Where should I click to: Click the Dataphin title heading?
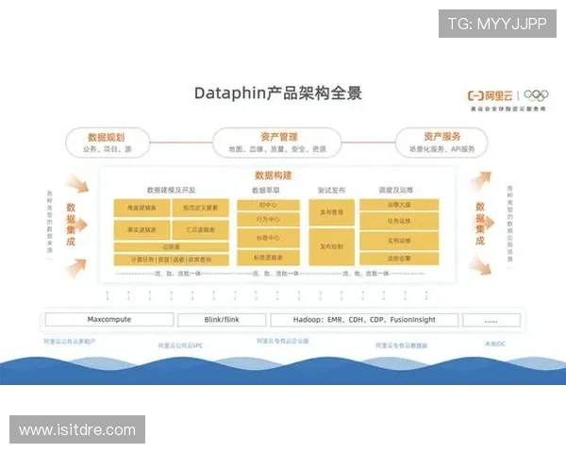pos(277,92)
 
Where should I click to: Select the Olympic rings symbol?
pos(535,94)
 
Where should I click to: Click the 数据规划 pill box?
pos(107,143)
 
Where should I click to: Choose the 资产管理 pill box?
pos(279,143)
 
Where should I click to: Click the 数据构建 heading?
pos(274,176)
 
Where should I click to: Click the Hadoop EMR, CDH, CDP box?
pos(364,319)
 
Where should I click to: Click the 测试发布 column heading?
pos(331,191)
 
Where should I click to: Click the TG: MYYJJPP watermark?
pos(496,23)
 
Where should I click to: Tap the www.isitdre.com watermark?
pos(78,430)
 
